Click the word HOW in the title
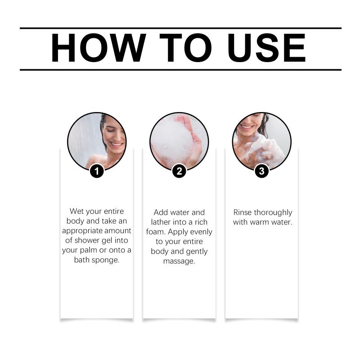pyautogui.click(x=98, y=48)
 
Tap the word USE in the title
pyautogui.click(x=266, y=48)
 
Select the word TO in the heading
pyautogui.click(x=185, y=48)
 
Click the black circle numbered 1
pyautogui.click(x=97, y=171)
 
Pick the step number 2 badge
pyautogui.click(x=179, y=171)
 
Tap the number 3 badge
pyautogui.click(x=261, y=171)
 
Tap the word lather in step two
pyautogui.click(x=160, y=222)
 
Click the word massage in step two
pyautogui.click(x=179, y=261)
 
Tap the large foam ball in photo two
pyautogui.click(x=171, y=140)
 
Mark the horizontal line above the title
pyautogui.click(x=180, y=28)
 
